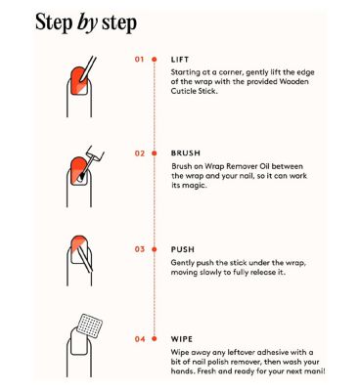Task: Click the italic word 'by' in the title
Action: (87, 23)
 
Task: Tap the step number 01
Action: (139, 60)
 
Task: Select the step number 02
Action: (140, 153)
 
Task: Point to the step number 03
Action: (140, 249)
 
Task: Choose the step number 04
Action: (140, 339)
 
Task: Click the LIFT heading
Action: (180, 60)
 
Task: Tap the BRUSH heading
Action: (186, 153)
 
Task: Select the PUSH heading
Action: (183, 249)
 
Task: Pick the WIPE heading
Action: (182, 339)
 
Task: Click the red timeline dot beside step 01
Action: (155, 60)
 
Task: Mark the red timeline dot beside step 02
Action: (155, 153)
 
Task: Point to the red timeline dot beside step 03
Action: (155, 249)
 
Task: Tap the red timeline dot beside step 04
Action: (155, 339)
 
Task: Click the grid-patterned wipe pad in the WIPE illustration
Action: (90, 326)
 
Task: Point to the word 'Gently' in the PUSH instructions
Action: (182, 263)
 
